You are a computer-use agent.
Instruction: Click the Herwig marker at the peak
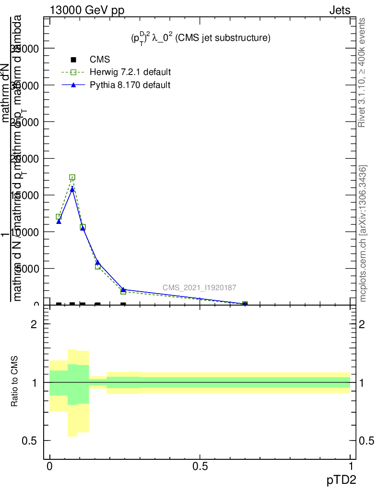point(72,177)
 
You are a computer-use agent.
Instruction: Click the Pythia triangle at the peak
point(72,189)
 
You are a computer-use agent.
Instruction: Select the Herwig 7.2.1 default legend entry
point(130,72)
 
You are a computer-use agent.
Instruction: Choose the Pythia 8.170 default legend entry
point(130,85)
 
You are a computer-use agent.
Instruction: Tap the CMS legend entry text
point(100,60)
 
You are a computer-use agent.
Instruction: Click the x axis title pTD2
point(342,480)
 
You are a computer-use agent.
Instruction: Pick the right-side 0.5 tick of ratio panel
point(365,441)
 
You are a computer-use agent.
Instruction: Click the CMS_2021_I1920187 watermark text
point(199,288)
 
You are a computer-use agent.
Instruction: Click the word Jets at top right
point(340,10)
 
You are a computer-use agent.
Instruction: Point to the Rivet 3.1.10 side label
point(363,72)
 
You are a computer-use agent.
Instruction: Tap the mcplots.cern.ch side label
point(363,234)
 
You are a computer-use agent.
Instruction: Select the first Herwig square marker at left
point(59,217)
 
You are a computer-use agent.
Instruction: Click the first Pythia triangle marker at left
point(59,221)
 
